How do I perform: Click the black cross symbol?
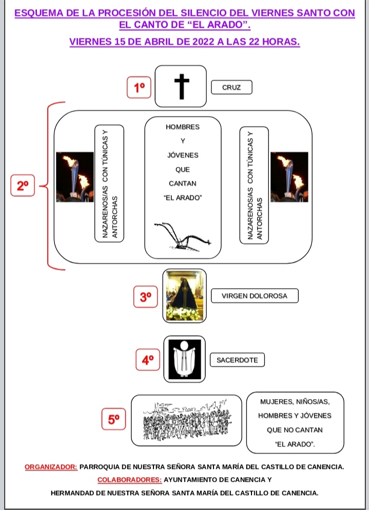point(182,86)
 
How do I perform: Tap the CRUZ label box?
point(231,87)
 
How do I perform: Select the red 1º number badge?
point(139,87)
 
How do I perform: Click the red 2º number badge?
point(23,185)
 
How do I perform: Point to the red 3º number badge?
point(145,297)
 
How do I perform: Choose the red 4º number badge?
point(148,360)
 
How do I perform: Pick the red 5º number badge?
point(113,419)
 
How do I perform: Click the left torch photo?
point(75,177)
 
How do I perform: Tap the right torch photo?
point(289,177)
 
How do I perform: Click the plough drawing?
point(183,237)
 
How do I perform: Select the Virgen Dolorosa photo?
point(184,296)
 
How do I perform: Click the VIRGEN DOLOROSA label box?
point(255,296)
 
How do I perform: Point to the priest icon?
point(185,359)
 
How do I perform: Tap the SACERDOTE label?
point(237,360)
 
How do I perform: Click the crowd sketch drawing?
point(187,421)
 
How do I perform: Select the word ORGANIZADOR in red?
point(51,467)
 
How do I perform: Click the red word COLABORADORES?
point(129,480)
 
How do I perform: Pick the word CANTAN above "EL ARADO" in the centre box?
point(182,183)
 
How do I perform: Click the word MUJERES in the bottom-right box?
point(276,402)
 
